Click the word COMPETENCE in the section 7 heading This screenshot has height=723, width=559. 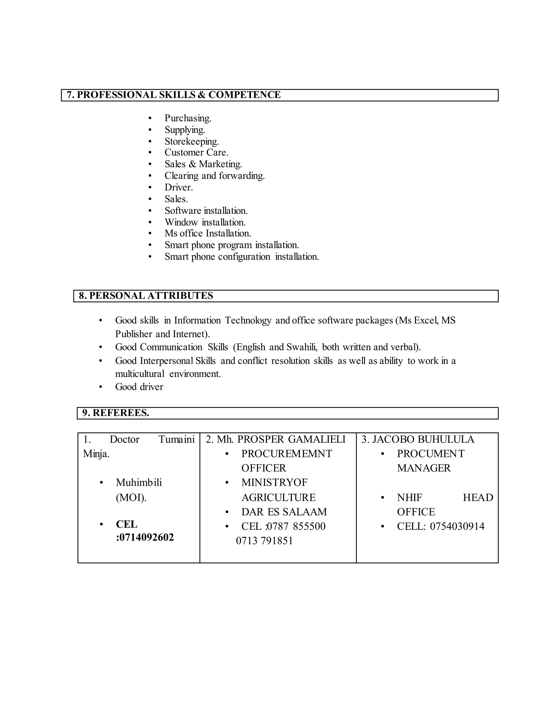[244, 95]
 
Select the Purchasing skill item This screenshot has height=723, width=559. [188, 118]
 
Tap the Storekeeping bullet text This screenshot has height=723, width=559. [191, 142]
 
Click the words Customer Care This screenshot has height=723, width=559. [196, 153]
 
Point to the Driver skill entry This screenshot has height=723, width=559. [179, 188]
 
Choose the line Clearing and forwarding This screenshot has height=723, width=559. [215, 176]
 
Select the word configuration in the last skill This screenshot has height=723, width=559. [244, 257]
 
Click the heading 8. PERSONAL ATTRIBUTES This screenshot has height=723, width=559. [146, 296]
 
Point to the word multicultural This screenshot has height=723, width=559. [139, 374]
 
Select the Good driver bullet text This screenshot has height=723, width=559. [139, 387]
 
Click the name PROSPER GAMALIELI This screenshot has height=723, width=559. [291, 440]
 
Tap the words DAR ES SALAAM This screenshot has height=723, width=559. [284, 512]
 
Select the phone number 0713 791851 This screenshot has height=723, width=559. [264, 541]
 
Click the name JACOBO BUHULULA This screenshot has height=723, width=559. [423, 440]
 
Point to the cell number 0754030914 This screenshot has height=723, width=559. [457, 526]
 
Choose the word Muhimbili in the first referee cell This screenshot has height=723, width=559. [139, 483]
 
